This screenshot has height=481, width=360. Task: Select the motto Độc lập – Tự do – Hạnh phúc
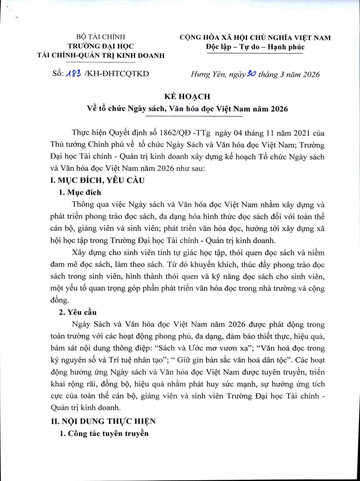[x=255, y=47]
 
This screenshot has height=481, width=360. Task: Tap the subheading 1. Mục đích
[x=80, y=193]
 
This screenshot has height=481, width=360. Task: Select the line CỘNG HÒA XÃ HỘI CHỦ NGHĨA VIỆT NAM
[x=255, y=38]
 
